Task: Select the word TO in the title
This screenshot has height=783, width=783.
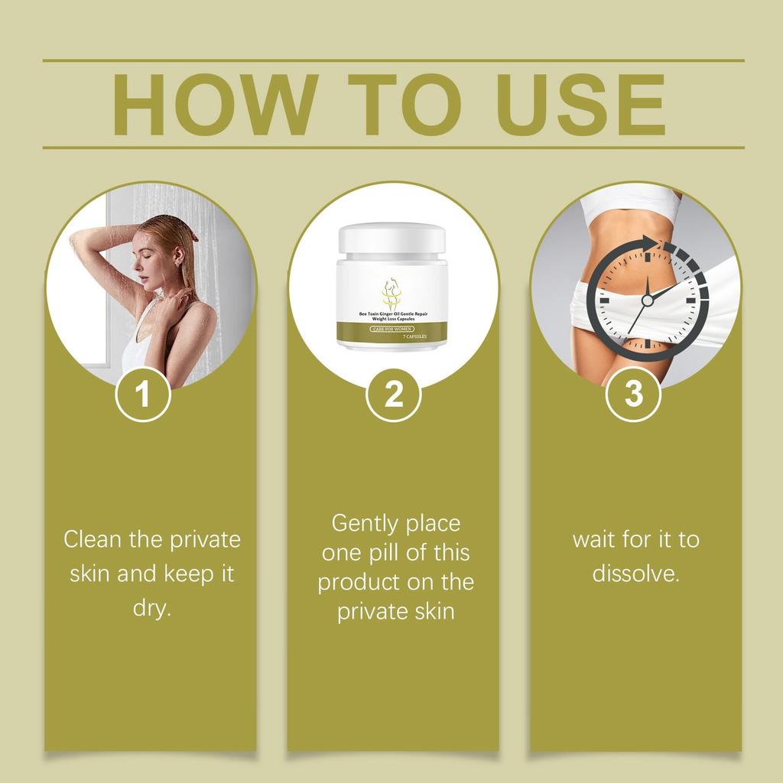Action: coord(398,105)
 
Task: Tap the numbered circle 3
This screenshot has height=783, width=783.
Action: coord(633,394)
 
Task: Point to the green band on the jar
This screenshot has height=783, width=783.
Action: coord(392,331)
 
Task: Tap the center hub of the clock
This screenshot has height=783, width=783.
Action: coord(648,301)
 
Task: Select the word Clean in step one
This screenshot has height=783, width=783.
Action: coord(93,539)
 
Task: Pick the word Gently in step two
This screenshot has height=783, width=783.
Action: coord(366,524)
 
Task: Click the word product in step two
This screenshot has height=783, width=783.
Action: coord(360,582)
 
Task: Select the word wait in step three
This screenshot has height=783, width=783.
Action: coord(594,539)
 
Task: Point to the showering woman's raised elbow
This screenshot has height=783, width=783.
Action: coord(78,243)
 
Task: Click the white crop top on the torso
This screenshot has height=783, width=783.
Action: coord(631,204)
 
